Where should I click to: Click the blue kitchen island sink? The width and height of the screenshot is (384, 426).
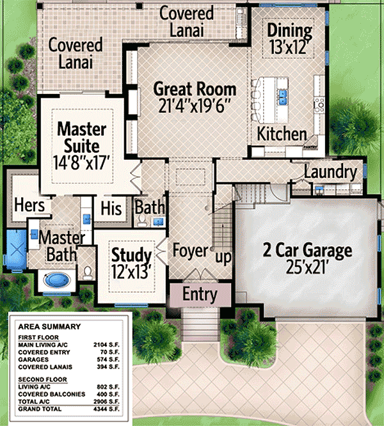[x=282, y=96]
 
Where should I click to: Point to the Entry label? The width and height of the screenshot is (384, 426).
[x=200, y=295]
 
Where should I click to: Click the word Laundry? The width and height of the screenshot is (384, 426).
[x=330, y=172]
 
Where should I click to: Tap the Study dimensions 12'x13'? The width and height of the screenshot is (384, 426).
[x=132, y=271]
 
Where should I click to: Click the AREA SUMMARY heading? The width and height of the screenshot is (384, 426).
[x=49, y=327]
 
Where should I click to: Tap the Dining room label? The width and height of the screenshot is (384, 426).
[x=289, y=30]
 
